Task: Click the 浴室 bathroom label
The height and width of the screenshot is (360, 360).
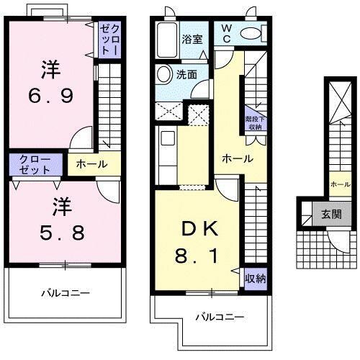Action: tap(193, 39)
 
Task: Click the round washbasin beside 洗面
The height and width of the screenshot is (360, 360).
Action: tap(164, 73)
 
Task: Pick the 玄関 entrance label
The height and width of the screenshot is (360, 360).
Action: tap(332, 213)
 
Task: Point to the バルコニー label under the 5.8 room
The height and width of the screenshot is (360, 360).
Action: tap(64, 293)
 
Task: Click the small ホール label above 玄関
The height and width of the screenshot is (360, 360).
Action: tap(340, 185)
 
